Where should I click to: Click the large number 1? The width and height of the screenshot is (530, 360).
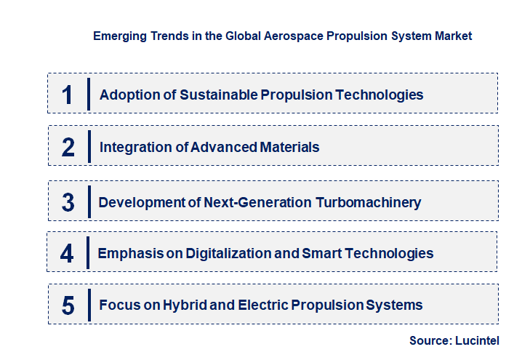68,95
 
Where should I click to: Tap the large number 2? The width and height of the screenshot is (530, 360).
68,147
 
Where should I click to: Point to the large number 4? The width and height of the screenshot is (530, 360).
68,253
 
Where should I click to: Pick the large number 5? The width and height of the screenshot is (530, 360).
68,305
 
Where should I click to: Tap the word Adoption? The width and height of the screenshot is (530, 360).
126,95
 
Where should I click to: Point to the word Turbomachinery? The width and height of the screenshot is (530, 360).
369,202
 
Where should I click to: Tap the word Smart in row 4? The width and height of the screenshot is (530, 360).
321,253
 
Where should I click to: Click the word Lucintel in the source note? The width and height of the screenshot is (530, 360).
477,340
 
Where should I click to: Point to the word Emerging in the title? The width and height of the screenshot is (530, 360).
119,36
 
